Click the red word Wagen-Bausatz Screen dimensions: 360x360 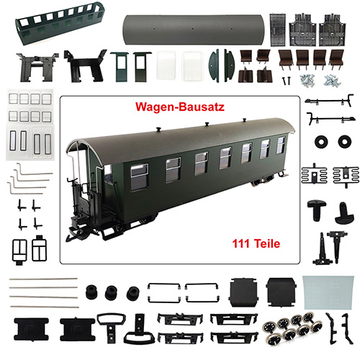point(180,107)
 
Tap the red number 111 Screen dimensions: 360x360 point(241,243)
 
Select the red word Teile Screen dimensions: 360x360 point(267,243)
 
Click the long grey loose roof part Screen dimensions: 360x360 point(193,30)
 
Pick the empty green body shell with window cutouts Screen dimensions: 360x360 point(60,24)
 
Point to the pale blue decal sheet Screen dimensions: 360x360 point(328,292)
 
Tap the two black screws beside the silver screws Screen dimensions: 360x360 point(287,81)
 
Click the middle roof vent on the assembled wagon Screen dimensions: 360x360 point(207,124)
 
